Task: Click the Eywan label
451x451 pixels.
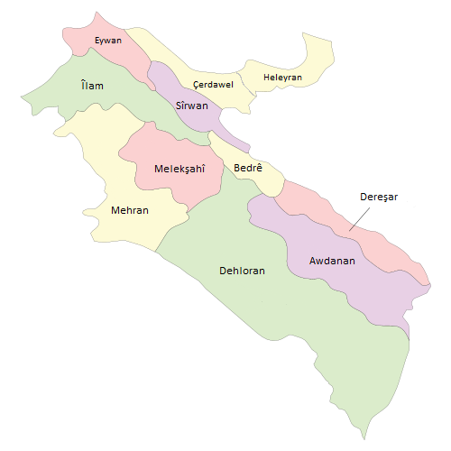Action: pyautogui.click(x=108, y=41)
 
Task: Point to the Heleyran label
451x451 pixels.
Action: pyautogui.click(x=282, y=78)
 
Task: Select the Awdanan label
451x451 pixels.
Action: pyautogui.click(x=332, y=262)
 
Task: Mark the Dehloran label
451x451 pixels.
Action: pyautogui.click(x=242, y=270)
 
